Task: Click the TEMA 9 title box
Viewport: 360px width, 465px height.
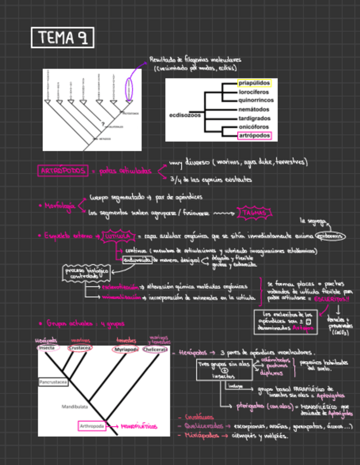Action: click(x=63, y=38)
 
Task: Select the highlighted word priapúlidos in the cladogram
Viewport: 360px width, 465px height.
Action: click(x=255, y=83)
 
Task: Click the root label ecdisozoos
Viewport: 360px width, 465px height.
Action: click(x=185, y=115)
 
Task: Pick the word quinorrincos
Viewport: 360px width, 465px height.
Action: click(x=256, y=100)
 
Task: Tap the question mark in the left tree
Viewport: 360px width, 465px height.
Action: click(x=103, y=123)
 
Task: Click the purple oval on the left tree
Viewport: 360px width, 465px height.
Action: click(x=129, y=88)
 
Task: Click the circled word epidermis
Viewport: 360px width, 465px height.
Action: click(x=332, y=236)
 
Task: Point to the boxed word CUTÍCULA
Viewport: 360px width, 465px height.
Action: click(x=117, y=236)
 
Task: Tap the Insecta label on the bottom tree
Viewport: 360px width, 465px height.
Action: click(x=46, y=348)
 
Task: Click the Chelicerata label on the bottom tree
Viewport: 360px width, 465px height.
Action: click(x=155, y=349)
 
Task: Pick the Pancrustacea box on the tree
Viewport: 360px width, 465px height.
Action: click(x=53, y=381)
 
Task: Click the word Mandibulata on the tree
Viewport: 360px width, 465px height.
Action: click(x=74, y=406)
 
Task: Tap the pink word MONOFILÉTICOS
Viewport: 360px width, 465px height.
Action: click(x=139, y=426)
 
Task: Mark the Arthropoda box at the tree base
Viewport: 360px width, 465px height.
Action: click(x=92, y=426)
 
